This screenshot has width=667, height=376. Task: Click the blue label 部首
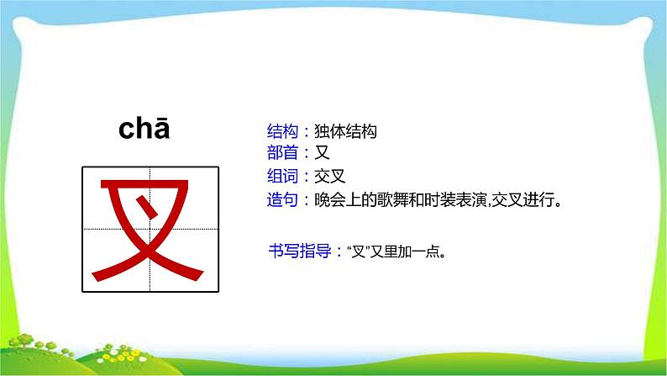coord(281,153)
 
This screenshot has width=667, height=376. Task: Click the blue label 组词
coord(281,177)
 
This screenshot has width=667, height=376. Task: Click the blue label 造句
coord(281,199)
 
